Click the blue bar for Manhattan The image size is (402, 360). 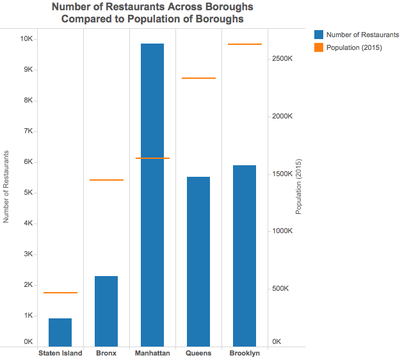152,195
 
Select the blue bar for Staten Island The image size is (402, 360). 60,332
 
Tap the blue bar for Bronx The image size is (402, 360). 106,311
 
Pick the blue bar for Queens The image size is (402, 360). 198,262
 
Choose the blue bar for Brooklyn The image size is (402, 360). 244,256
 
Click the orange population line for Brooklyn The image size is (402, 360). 245,44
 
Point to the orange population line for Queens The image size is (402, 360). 199,78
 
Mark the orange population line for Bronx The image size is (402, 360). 107,180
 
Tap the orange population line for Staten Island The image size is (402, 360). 60,293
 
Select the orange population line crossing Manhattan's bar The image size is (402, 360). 153,158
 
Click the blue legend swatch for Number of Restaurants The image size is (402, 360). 319,35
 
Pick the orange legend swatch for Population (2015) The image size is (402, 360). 319,48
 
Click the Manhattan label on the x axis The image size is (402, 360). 152,353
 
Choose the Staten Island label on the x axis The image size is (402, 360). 60,353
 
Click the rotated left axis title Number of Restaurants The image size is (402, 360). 6,187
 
